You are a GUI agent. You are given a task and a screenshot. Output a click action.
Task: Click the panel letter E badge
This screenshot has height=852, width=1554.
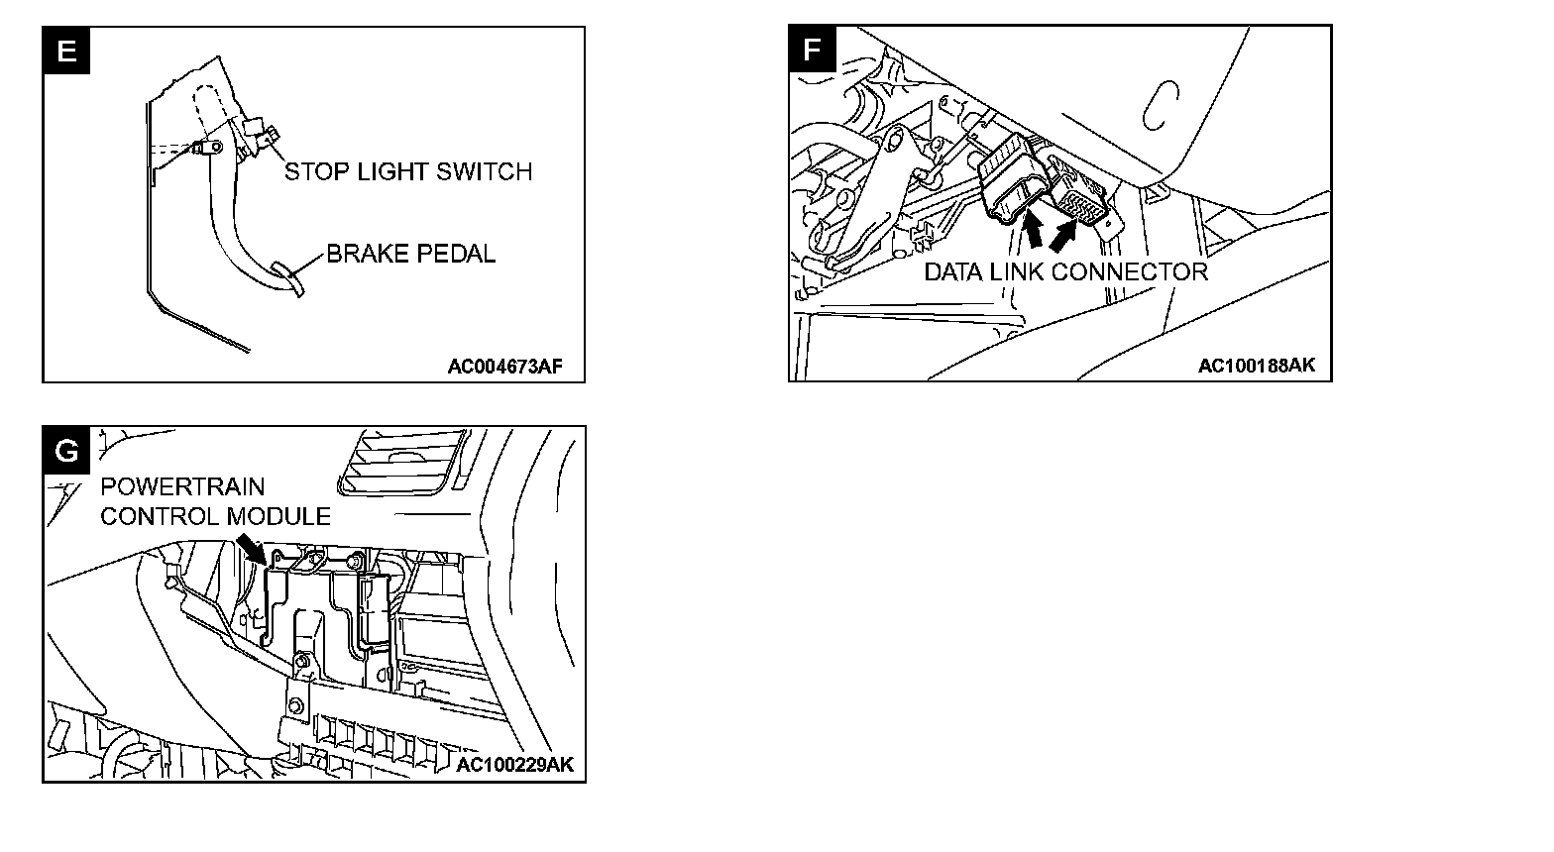coord(66,51)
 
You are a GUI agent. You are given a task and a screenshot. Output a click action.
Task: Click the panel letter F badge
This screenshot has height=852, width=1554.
coord(813,51)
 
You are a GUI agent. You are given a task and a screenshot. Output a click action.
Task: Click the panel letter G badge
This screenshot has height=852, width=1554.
coord(66,451)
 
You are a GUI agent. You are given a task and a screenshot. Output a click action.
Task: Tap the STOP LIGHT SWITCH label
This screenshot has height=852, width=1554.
coord(408,172)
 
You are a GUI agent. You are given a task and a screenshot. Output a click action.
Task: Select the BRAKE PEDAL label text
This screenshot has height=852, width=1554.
coord(410,255)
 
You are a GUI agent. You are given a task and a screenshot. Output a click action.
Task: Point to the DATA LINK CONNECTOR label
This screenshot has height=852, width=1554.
coord(1065,272)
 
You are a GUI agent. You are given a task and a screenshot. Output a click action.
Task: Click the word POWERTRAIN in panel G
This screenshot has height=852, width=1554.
coord(183,487)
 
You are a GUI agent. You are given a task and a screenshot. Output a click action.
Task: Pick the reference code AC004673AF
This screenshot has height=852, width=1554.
coord(504,367)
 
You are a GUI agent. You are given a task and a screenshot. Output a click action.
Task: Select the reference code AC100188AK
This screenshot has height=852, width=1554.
coord(1256,366)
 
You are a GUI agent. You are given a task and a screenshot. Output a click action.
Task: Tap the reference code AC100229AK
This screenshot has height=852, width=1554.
coord(515,765)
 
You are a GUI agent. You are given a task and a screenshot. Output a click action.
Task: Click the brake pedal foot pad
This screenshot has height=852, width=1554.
coord(286,276)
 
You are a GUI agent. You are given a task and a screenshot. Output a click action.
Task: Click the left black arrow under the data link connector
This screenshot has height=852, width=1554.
coord(1033,232)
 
